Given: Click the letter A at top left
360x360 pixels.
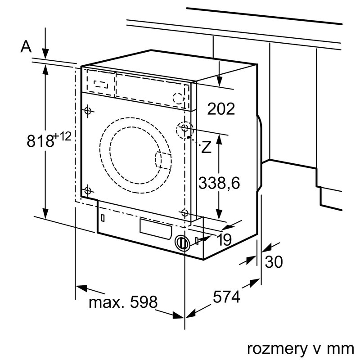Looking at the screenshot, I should pos(27,47).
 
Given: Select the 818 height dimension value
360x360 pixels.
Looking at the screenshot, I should pos(40,141).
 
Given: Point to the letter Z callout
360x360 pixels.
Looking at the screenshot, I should pos(206,147).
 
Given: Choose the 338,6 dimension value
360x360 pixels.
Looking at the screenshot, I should pos(220,183).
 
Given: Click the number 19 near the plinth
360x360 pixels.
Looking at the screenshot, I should pos(224,240).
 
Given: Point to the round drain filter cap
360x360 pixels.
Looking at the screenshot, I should pos(181,243).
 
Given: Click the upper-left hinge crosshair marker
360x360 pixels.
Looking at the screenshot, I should pos(88,110).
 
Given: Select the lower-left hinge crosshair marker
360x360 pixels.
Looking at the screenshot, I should pos(88,190).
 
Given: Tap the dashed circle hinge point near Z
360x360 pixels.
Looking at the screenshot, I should pos(184,128).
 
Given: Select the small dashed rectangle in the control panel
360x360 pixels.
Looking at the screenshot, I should pos(101,83).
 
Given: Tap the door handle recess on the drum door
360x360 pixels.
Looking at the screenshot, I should pos(163,161).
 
